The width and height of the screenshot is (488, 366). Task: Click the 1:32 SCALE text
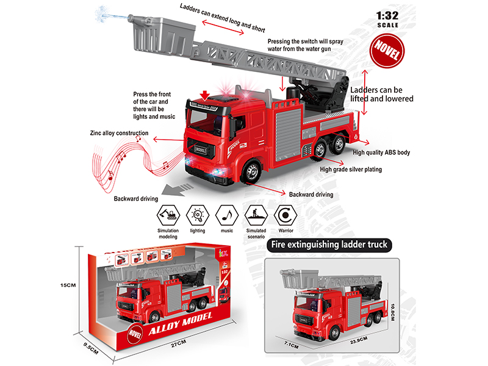tap(387, 20)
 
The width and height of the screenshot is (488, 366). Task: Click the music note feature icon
tap(226, 214)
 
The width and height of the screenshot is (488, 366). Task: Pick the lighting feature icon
tap(196, 214)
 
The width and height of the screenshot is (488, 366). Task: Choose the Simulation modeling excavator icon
tap(167, 214)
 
